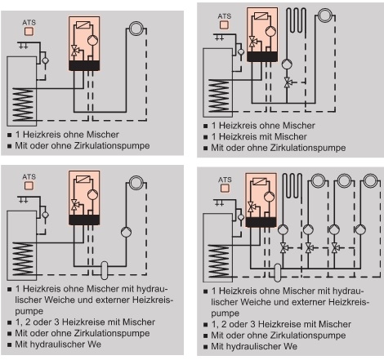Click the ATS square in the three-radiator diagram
coord(225,188)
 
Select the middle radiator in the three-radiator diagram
coord(344,180)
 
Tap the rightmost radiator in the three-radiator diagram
coord(370,180)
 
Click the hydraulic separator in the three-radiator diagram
coord(278,273)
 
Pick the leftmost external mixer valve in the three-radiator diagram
coord(284,248)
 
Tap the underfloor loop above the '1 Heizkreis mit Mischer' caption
coord(296,20)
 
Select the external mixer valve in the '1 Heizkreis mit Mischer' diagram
coord(288,82)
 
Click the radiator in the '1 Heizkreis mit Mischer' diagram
coord(325,15)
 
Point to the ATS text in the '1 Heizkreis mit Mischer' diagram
coord(225,16)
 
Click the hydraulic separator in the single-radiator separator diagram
coord(105,270)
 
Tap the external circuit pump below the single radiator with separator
coord(126,232)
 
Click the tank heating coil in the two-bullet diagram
coord(24,104)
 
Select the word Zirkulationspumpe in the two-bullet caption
coord(112,145)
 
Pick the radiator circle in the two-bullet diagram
coord(136,29)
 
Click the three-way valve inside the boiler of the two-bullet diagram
coord(74,51)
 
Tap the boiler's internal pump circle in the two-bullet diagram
coord(92,40)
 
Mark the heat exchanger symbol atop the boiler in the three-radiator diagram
coord(259,181)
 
